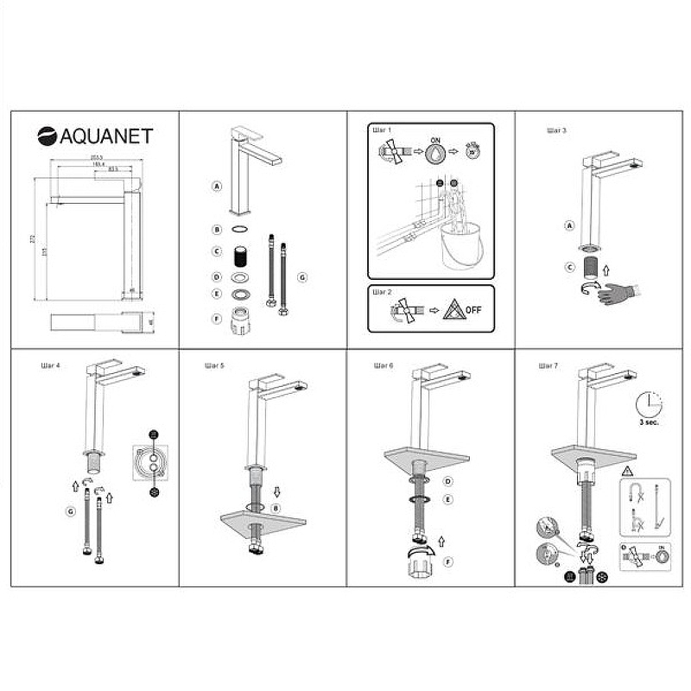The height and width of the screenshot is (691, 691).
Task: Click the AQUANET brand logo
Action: coord(95,136)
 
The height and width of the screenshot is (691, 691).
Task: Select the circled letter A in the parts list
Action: coord(217,186)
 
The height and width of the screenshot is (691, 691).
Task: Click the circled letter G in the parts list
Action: coord(301,276)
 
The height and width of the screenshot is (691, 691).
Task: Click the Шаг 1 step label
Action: coord(382,130)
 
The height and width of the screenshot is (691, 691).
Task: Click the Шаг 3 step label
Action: coord(556,130)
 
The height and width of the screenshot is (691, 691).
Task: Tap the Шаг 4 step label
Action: coord(50,365)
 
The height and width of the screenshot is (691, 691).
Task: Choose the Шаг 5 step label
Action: coord(215,365)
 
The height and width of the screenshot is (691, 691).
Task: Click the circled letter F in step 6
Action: coord(447,562)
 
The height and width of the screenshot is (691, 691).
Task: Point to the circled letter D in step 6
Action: coord(447,481)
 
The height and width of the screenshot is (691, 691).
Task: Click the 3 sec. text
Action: coord(650,423)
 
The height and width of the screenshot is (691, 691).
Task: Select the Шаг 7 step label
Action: coord(548,365)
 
